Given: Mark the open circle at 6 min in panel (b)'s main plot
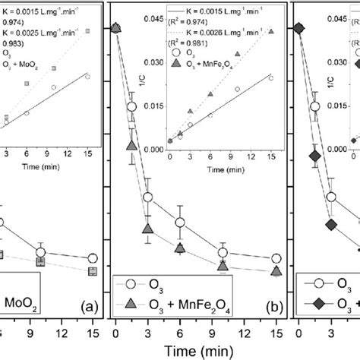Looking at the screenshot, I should [181, 223].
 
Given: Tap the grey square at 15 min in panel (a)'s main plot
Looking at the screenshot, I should [93, 271].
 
